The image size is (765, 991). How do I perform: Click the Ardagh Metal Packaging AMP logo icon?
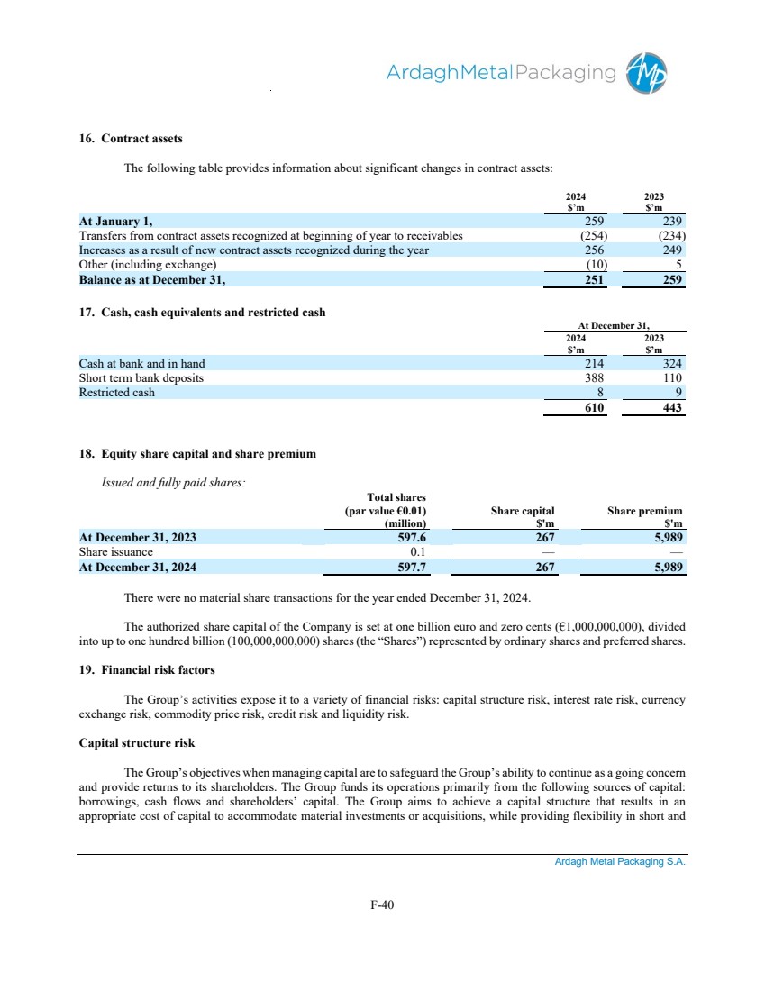[649, 73]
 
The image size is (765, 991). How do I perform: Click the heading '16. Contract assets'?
[131, 139]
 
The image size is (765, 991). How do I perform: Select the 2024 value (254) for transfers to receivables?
[591, 235]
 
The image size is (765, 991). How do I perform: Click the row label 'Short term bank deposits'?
[141, 377]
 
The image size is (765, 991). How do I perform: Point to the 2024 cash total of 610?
[590, 408]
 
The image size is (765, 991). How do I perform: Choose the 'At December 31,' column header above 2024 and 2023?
[614, 326]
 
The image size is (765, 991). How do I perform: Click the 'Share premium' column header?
[644, 510]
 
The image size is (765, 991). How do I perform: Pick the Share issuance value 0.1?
[417, 551]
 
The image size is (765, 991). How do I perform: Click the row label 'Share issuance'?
[116, 551]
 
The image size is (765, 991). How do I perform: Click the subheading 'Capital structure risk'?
[137, 743]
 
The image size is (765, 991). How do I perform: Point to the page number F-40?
[382, 905]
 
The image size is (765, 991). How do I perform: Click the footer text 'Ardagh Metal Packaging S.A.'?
[620, 862]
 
